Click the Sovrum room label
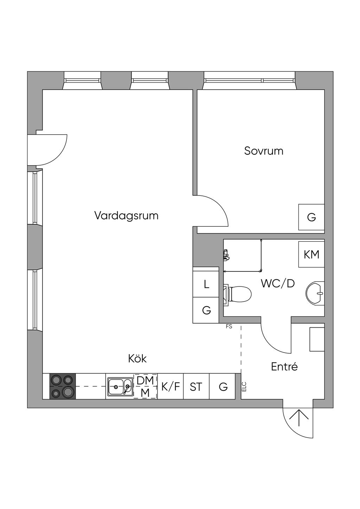264,151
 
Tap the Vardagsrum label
126,215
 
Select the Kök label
137,359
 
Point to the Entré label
284,367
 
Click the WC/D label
277,283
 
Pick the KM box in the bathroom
311,254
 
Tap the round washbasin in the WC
315,293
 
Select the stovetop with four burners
63,386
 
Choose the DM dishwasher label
145,381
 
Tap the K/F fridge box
171,387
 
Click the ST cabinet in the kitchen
196,387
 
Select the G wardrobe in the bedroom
311,217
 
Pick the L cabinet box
206,284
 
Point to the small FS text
229,327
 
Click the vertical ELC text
244,387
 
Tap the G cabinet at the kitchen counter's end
223,387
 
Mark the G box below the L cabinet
206,310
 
